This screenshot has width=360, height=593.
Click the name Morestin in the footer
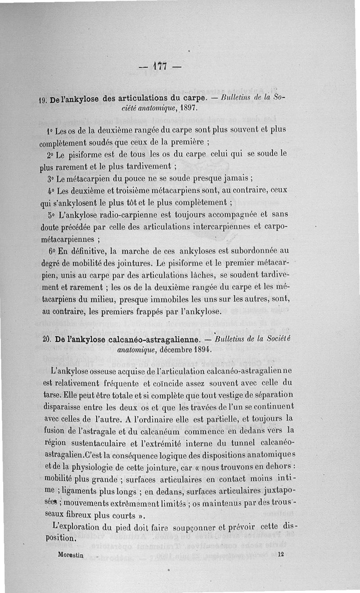(71, 555)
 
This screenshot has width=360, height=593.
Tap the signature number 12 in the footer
(282, 554)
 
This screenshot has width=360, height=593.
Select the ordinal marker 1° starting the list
(49, 131)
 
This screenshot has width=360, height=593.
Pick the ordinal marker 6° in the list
(50, 250)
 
